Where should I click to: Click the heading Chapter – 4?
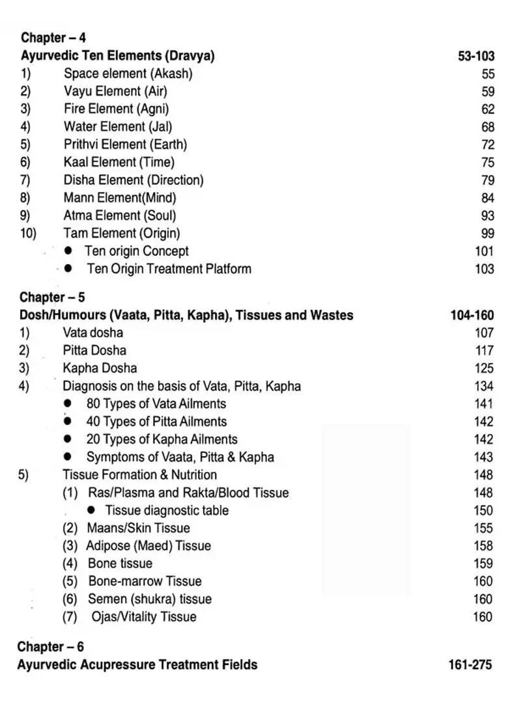point(53,38)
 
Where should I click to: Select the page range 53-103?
point(475,57)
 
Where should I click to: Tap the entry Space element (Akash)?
point(128,74)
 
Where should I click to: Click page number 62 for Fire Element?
point(488,109)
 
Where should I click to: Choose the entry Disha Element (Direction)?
point(133,180)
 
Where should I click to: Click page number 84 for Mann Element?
point(488,198)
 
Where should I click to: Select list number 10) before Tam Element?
point(27,233)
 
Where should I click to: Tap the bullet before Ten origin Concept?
point(68,251)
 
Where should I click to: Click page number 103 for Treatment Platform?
point(485,269)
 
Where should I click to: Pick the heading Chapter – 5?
point(52,298)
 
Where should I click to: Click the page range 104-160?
point(472,316)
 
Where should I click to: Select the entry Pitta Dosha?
point(94,351)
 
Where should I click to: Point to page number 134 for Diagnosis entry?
point(484,387)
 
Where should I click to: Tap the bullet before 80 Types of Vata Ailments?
point(68,404)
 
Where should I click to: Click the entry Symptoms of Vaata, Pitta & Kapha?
point(180,457)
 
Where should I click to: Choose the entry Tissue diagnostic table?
point(167,511)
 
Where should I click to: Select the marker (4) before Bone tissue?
point(70,564)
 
